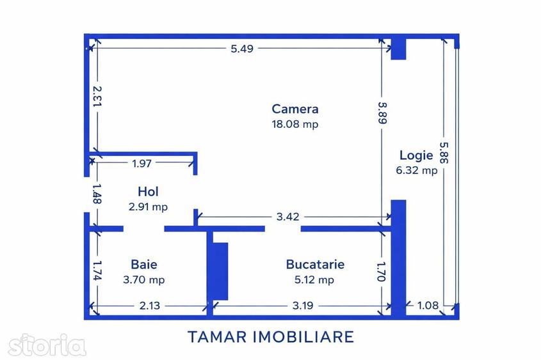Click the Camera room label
click(295, 109)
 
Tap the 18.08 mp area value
click(295, 124)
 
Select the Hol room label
click(148, 192)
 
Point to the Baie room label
click(144, 264)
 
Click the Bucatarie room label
click(315, 264)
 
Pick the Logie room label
click(416, 155)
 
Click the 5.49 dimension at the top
click(242, 49)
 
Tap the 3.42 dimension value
click(287, 217)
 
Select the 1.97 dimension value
click(141, 163)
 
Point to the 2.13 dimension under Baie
click(150, 306)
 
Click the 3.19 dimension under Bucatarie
click(303, 306)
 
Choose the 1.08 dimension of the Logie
click(428, 305)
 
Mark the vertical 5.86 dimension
click(444, 153)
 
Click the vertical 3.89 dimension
click(382, 113)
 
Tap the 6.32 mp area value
click(416, 170)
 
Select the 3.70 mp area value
click(144, 279)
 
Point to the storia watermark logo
click(47, 345)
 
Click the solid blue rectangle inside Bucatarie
click(220, 271)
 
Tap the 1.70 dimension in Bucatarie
click(381, 272)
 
